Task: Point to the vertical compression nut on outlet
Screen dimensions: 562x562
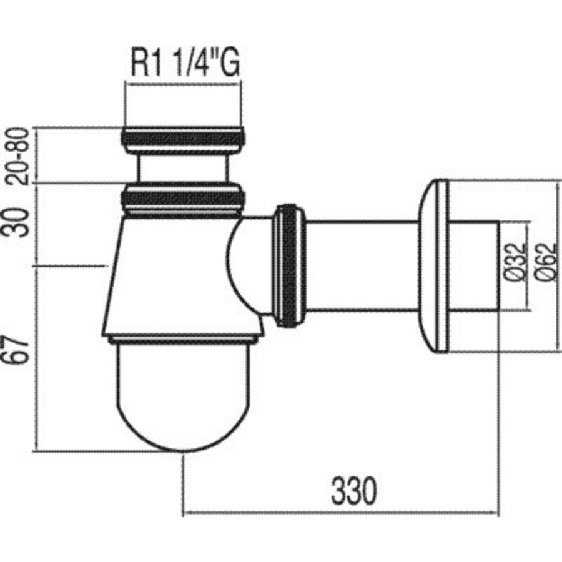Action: point(289,265)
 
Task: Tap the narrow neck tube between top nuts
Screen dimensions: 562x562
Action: point(182,167)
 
